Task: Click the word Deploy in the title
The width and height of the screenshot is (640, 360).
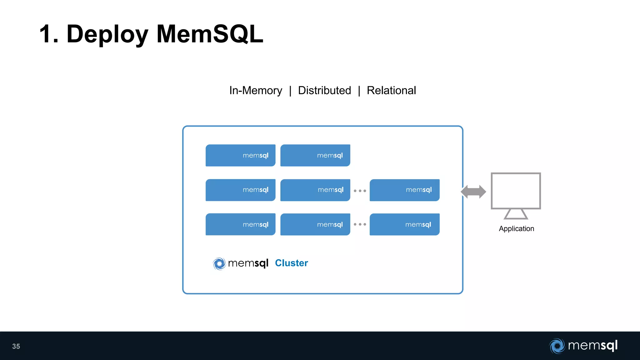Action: coord(107,34)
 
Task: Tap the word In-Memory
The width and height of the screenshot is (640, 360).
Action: coord(256,91)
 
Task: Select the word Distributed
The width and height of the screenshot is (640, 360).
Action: coord(324,91)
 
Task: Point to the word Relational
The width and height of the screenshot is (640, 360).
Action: coord(391,91)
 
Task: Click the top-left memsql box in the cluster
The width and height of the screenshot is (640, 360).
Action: coord(240,155)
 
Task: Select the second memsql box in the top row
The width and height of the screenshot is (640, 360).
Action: coord(315,155)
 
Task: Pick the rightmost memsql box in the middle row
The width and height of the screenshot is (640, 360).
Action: coord(404,190)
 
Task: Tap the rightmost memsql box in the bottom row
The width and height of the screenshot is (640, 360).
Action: coord(404,224)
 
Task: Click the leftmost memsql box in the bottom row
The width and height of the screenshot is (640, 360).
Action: coord(240,224)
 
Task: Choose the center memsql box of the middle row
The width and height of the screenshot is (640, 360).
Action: coord(315,190)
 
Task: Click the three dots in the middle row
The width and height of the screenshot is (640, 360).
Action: coord(360,191)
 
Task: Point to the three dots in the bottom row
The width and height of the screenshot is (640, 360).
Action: coord(360,224)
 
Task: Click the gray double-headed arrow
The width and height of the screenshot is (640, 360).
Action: coord(473,192)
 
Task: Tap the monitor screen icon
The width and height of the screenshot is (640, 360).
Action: coord(516,191)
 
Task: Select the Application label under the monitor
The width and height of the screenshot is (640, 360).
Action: coord(516,229)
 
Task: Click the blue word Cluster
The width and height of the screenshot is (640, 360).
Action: coord(291,263)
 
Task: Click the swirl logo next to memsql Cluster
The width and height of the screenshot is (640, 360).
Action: coord(219,263)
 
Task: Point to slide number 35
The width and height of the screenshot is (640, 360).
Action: coord(16,346)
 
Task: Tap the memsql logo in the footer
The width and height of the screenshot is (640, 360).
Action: coord(583,346)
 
